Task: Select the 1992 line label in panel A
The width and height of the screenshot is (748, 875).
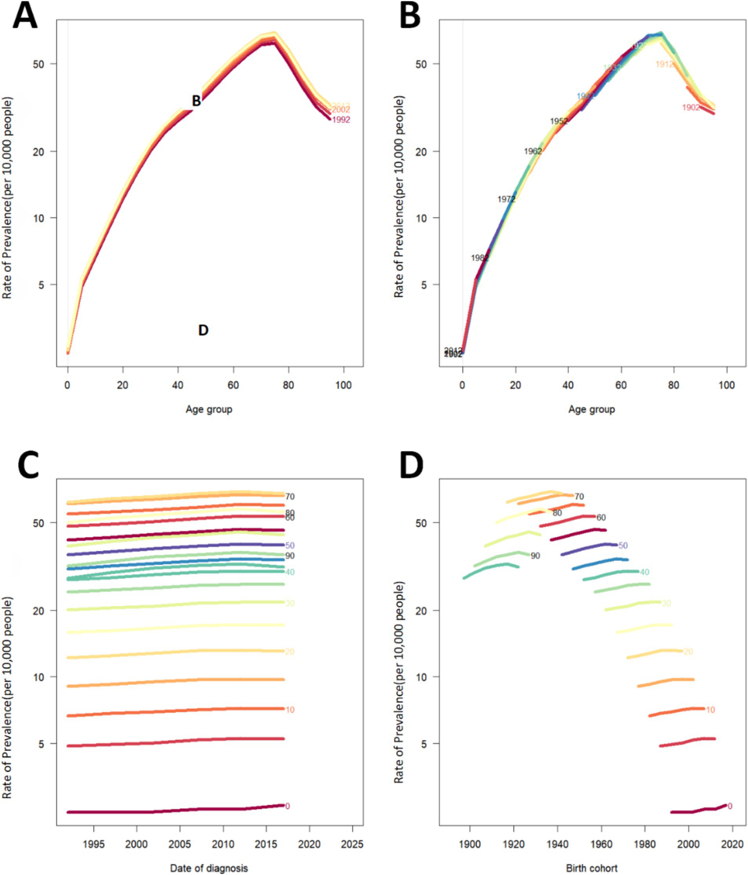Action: [x=341, y=120]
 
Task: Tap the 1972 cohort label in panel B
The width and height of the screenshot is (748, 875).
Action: [x=506, y=199]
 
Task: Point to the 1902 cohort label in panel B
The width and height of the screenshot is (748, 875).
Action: [x=691, y=108]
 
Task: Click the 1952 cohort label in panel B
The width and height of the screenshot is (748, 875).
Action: [x=559, y=121]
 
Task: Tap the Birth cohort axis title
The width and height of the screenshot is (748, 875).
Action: [x=592, y=868]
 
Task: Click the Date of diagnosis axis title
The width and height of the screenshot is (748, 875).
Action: [x=209, y=868]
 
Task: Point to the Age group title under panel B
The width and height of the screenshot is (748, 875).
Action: [x=592, y=409]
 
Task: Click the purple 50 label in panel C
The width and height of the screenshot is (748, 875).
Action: [x=290, y=545]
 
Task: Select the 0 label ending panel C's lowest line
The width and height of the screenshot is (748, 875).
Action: [x=288, y=806]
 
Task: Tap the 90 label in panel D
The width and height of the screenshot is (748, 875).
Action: [x=535, y=556]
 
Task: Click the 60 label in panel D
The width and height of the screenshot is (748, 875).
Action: [x=601, y=518]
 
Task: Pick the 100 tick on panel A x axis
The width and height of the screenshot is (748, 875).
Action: [x=344, y=385]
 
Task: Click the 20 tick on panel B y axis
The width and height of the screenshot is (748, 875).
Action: [x=421, y=151]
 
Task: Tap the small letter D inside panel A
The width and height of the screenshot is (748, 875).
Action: [x=203, y=330]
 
